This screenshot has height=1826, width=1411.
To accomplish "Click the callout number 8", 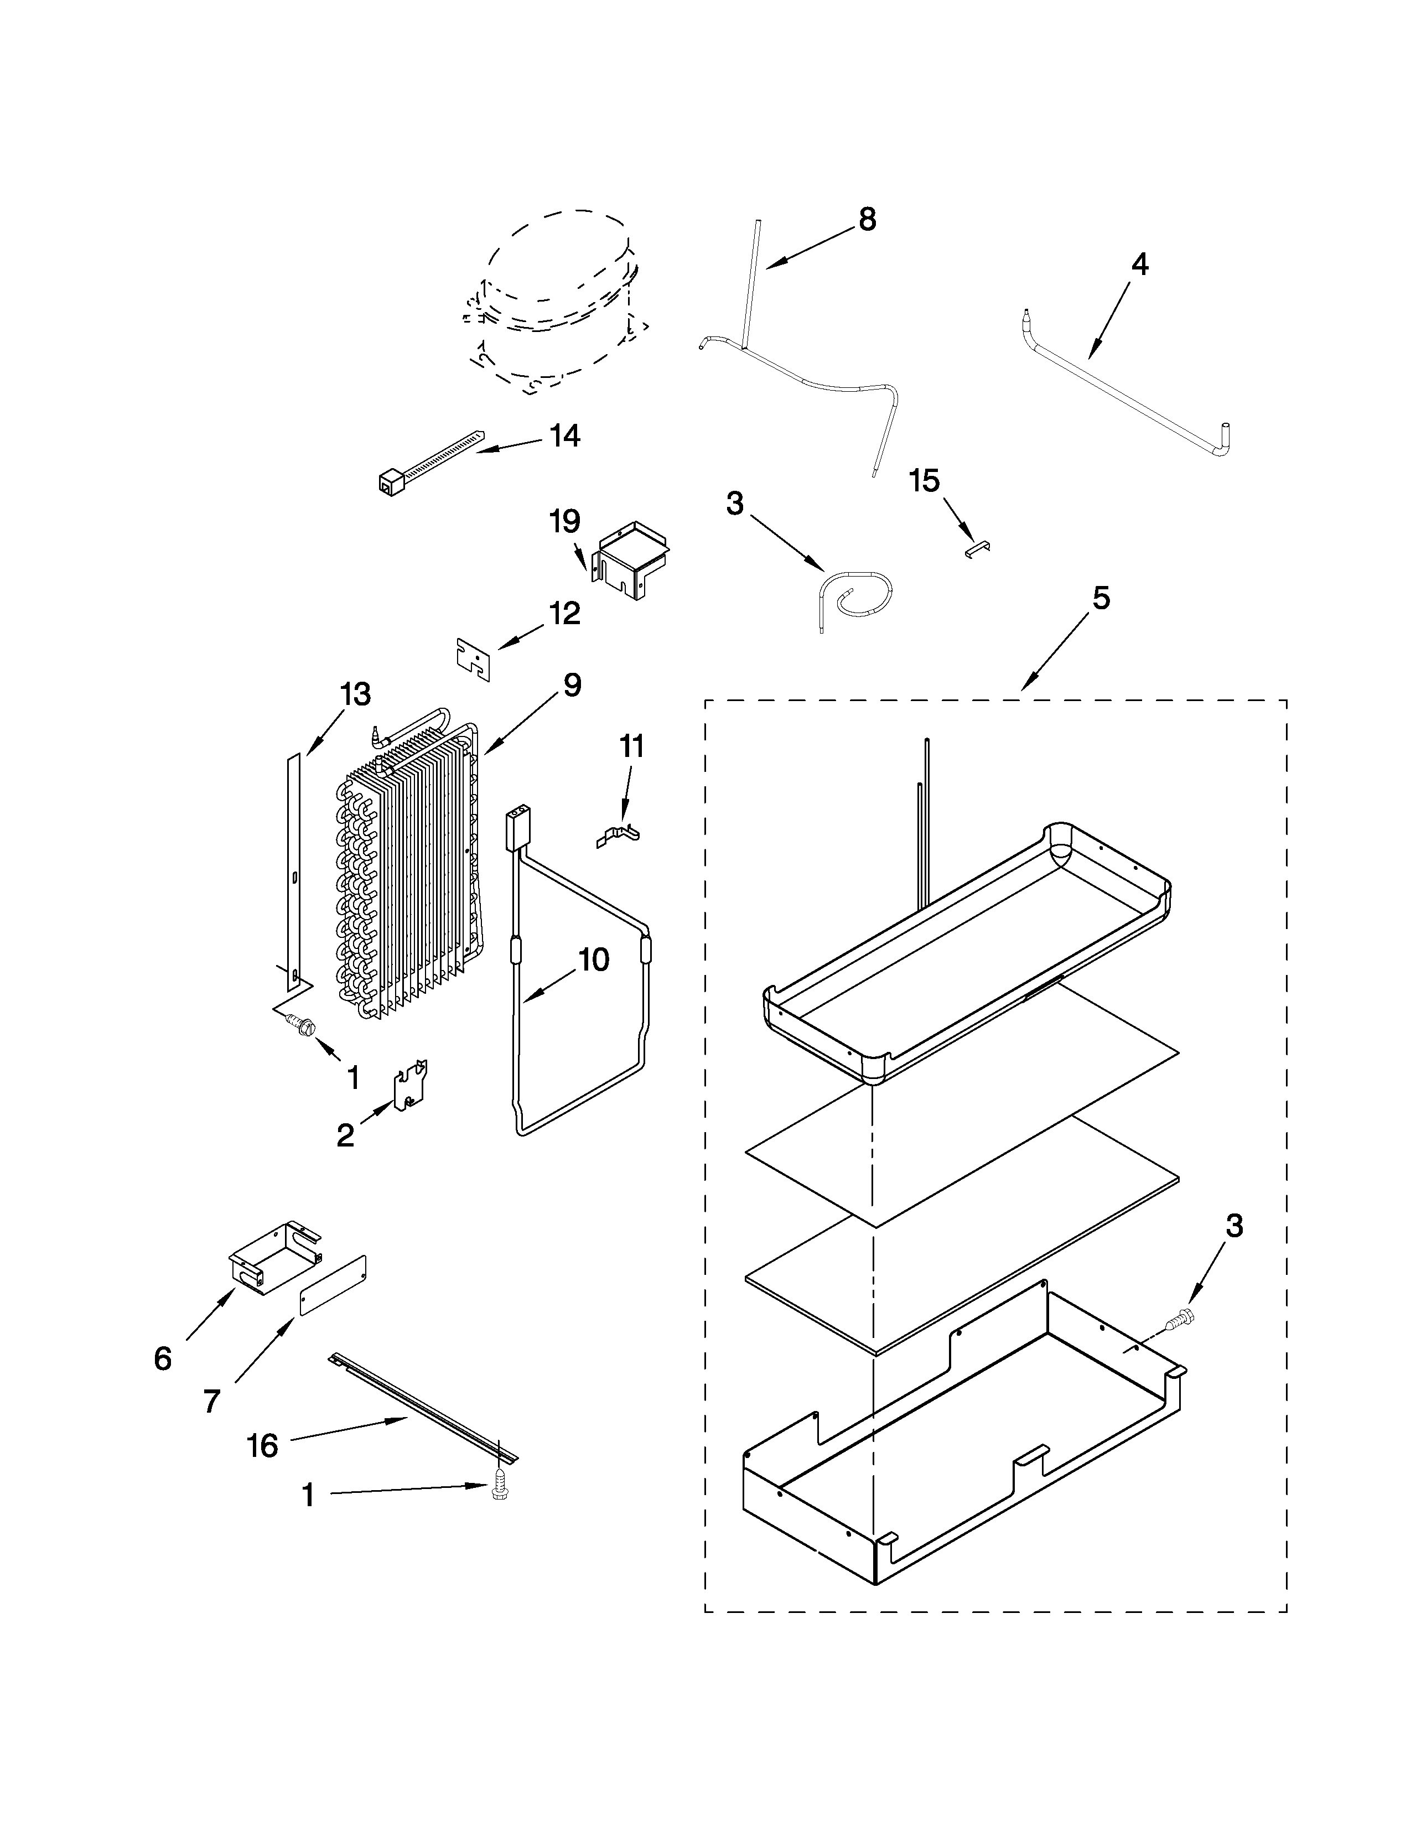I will (867, 220).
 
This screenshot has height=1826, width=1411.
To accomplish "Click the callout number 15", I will (925, 481).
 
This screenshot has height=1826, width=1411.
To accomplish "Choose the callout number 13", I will (355, 694).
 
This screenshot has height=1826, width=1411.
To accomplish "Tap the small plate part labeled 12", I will (473, 660).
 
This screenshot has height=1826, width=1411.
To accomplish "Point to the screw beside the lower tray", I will (1185, 1319).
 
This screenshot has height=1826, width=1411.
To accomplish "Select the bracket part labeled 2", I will (411, 1086).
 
